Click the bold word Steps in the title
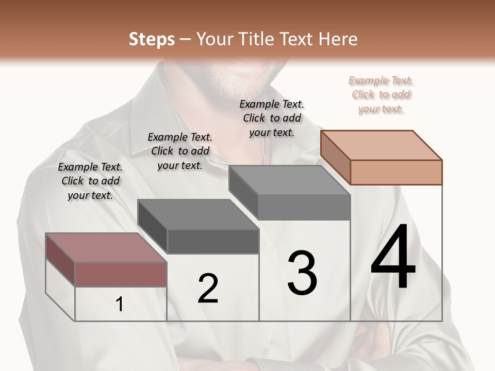tap(152, 39)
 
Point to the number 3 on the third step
tap(302, 273)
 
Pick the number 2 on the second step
tap(208, 289)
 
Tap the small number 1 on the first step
tap(120, 305)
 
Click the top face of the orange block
tap(381, 145)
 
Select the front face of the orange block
tap(396, 172)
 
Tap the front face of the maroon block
tap(121, 274)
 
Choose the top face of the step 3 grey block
tap(289, 180)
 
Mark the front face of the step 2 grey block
tap(213, 241)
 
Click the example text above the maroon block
tap(90, 181)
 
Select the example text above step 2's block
tap(180, 151)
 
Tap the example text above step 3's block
tap(272, 118)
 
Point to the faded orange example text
tap(381, 94)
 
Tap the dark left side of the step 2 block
tap(153, 227)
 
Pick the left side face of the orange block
tap(335, 158)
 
